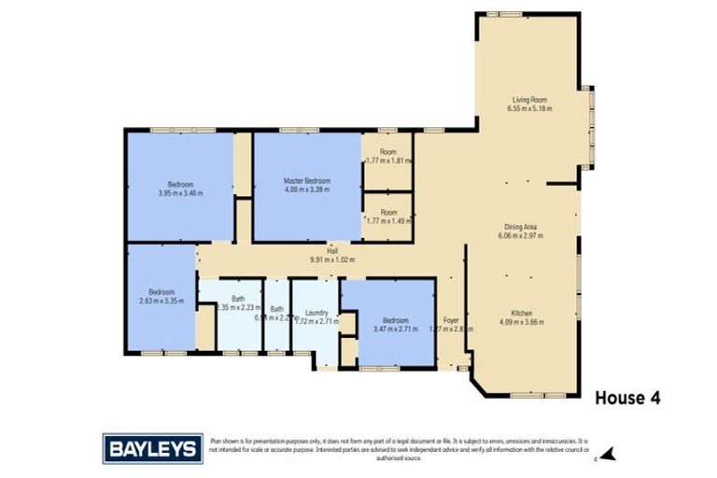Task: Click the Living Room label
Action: tap(528, 99)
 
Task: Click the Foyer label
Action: tap(451, 319)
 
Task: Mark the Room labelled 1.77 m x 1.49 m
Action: tap(387, 212)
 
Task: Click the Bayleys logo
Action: tap(152, 449)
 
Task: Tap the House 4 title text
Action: tap(627, 398)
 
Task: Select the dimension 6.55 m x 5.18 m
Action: tap(528, 108)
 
